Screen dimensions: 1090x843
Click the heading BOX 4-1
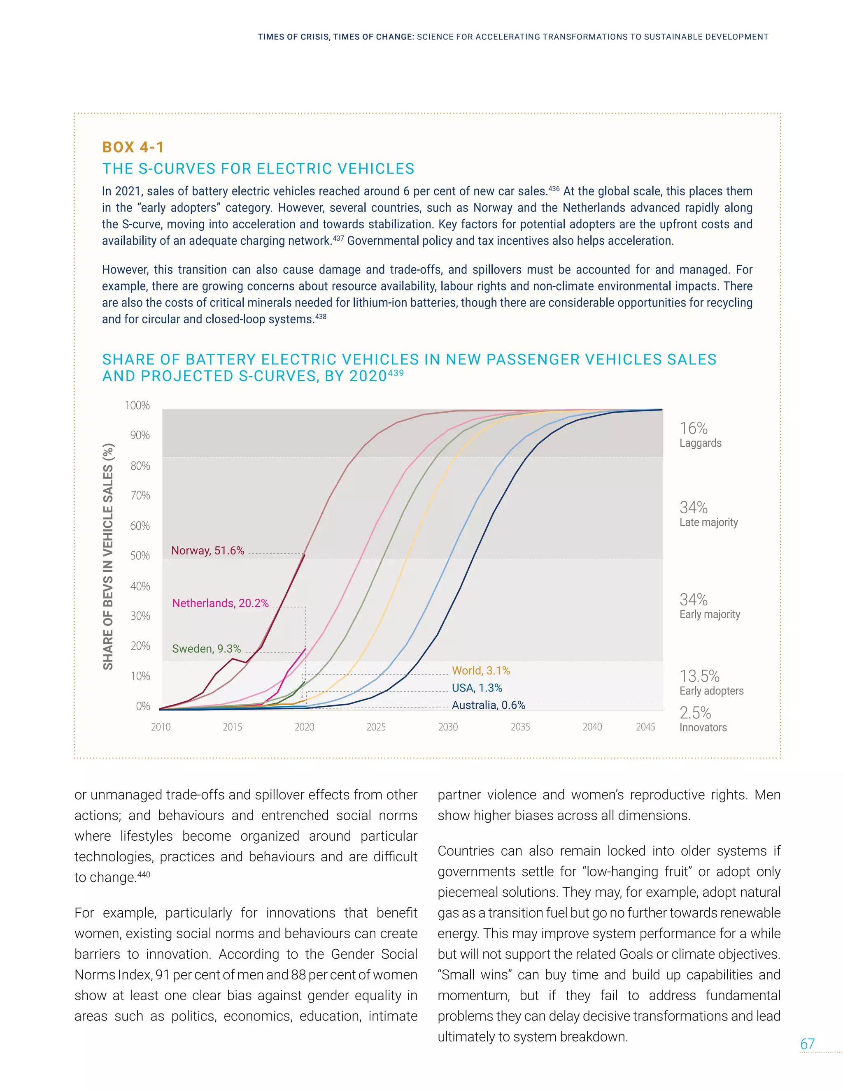click(x=133, y=147)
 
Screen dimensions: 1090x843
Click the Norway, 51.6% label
click(x=207, y=550)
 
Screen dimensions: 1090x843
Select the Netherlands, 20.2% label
click(x=220, y=603)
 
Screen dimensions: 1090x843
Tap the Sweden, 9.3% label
click(x=206, y=648)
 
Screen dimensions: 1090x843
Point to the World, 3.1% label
click(x=481, y=670)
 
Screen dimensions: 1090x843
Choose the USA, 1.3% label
click(x=477, y=688)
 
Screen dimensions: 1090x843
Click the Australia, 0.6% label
click(x=489, y=705)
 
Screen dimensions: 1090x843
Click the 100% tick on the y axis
click(x=137, y=405)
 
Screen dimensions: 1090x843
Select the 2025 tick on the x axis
click(x=376, y=727)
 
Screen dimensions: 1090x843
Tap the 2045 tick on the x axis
click(x=645, y=727)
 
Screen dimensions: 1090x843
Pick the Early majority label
click(x=710, y=615)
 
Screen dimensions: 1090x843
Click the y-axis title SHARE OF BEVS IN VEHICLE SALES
click(x=108, y=556)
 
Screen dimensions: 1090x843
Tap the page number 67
click(x=807, y=1044)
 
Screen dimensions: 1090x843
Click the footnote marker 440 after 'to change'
click(x=144, y=874)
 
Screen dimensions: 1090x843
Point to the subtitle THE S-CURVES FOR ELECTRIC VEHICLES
click(x=258, y=169)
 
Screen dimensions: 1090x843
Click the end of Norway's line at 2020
click(x=305, y=554)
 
